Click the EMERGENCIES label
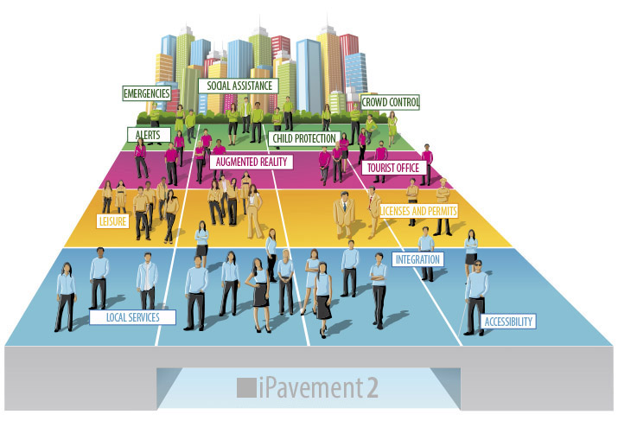(146, 92)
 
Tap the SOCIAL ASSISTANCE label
(239, 86)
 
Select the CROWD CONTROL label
(390, 102)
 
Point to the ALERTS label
(149, 135)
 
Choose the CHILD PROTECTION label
(300, 137)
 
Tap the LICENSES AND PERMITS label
(418, 210)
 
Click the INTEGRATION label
(418, 258)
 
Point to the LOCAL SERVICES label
(132, 317)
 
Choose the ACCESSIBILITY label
(509, 322)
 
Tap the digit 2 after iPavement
(373, 386)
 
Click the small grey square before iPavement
(245, 387)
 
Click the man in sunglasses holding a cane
(476, 290)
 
